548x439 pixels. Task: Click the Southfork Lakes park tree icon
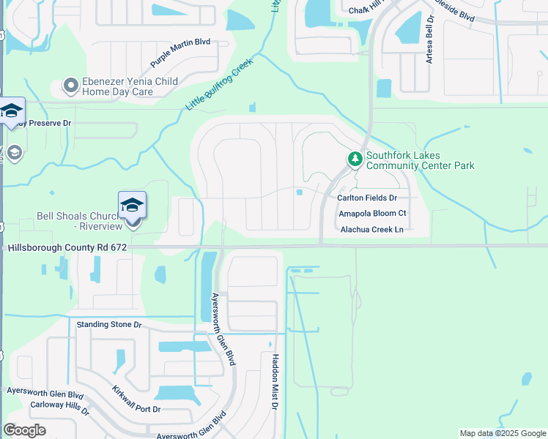[x=355, y=159]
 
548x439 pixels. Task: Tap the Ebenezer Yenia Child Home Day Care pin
[x=71, y=86]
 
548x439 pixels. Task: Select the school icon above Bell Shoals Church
[x=133, y=205]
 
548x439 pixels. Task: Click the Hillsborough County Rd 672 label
[x=67, y=248]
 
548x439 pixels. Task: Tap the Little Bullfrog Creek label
[x=218, y=83]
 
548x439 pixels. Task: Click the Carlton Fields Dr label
[x=366, y=198]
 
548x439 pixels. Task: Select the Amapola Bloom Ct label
[x=372, y=214]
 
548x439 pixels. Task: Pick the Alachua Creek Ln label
[x=372, y=230]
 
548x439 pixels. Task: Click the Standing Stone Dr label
[x=108, y=323]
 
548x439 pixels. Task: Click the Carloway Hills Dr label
[x=59, y=408]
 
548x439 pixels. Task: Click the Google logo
[x=25, y=430]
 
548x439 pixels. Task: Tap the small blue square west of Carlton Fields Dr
[x=300, y=193]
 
